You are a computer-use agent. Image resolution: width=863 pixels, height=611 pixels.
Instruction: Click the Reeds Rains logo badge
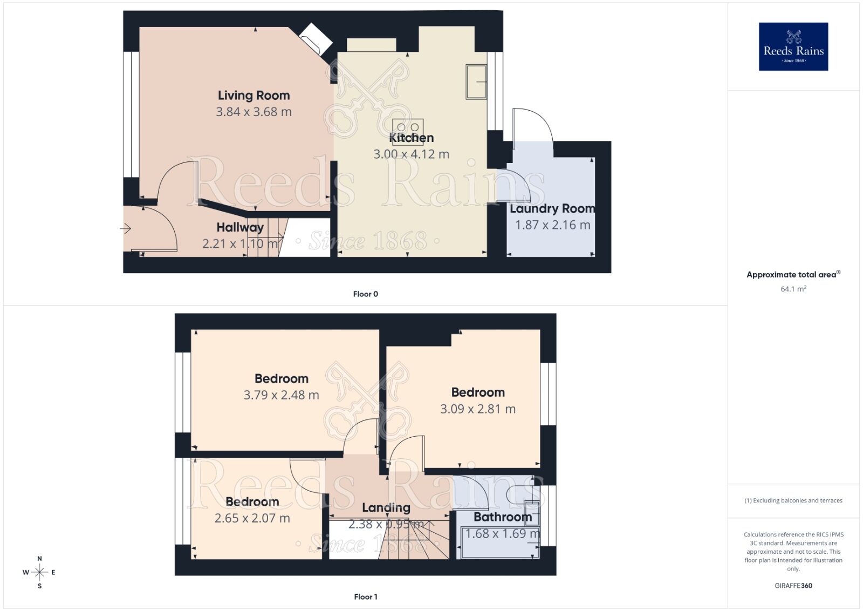coord(793,46)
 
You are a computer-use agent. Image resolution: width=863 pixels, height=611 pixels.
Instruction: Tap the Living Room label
coord(254,96)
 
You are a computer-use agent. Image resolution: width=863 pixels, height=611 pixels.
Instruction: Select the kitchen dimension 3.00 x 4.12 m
coord(411,154)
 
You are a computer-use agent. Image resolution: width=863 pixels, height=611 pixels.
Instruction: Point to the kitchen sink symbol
coord(476,82)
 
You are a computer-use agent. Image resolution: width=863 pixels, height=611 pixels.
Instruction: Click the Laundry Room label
coord(552,209)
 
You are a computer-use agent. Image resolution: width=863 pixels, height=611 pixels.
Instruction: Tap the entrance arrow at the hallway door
coord(125,229)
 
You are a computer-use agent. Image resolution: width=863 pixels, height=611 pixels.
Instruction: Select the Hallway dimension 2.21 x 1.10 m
coord(240,244)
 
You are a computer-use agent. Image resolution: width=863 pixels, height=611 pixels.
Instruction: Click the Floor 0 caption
coord(365,294)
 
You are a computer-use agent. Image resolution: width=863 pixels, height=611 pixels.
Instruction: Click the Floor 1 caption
coord(365,596)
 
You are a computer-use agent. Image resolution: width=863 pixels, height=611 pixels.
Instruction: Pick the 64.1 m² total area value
coord(793,289)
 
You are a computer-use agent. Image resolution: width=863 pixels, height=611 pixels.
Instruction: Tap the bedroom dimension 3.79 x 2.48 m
coord(281,395)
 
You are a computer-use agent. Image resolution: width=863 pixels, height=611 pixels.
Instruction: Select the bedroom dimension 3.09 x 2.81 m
coord(477,409)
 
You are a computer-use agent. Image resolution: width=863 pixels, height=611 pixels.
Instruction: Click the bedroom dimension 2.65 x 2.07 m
coord(252,519)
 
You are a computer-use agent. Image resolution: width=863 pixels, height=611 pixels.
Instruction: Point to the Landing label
coord(386,508)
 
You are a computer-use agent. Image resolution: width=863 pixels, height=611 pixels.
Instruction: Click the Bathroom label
coord(502,517)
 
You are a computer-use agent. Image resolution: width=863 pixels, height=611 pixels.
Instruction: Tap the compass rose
coord(39,572)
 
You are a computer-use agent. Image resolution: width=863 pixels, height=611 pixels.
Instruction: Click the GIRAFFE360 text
coord(793,586)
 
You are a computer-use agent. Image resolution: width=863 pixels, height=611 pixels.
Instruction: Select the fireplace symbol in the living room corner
coord(317,38)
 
